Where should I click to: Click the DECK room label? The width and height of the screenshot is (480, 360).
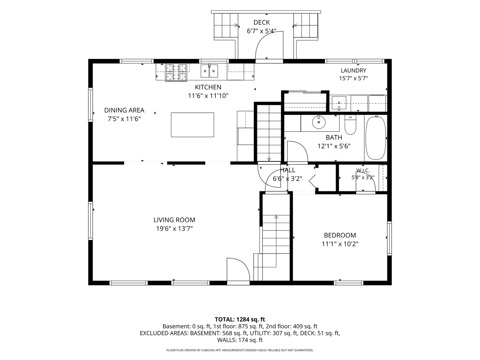[x=262, y=22]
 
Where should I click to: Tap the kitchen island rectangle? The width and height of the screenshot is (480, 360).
[x=192, y=125]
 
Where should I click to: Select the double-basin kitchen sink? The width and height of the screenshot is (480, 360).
[x=209, y=71]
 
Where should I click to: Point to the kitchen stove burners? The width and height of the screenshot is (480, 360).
[x=176, y=73]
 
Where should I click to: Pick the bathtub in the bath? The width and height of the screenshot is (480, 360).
[x=376, y=138]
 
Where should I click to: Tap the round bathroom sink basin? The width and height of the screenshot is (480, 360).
[x=319, y=122]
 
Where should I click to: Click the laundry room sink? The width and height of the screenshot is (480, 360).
[x=339, y=103]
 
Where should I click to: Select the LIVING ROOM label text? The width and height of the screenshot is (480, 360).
[x=174, y=220]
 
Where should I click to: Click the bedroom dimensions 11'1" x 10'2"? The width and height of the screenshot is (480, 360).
[x=340, y=244]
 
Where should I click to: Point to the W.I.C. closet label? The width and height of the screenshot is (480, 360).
[x=363, y=170]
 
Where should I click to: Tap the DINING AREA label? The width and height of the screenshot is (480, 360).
[x=124, y=110]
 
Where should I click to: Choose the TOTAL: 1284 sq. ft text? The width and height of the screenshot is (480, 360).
[x=240, y=319]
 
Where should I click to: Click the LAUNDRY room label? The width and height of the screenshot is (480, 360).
[x=353, y=70]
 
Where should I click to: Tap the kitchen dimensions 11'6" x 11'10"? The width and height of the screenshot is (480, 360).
[x=208, y=96]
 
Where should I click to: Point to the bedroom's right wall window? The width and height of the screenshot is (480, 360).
[x=389, y=238]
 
